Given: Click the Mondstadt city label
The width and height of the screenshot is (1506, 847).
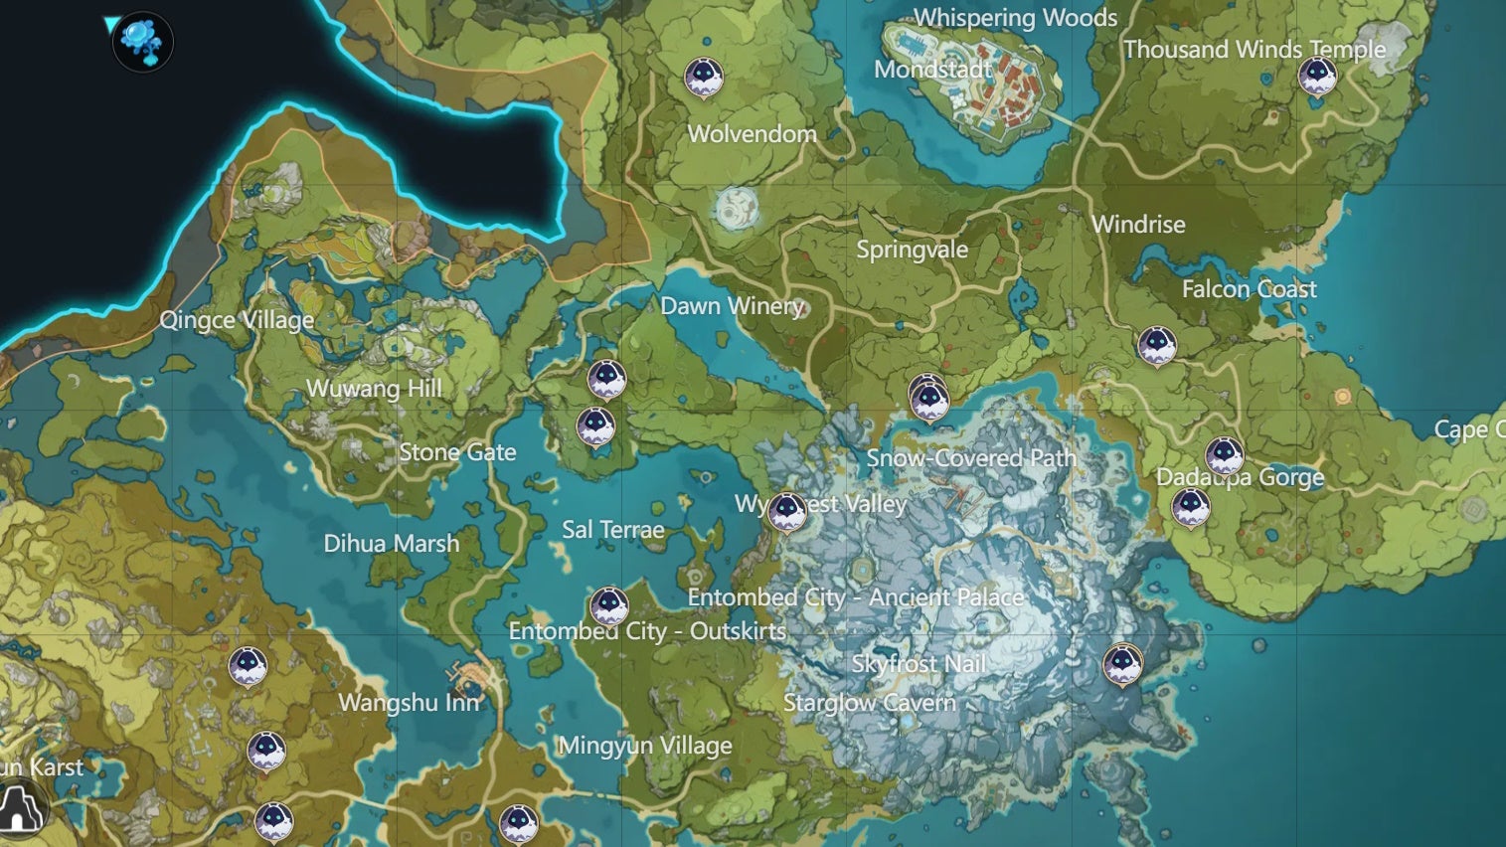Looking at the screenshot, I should pyautogui.click(x=931, y=70).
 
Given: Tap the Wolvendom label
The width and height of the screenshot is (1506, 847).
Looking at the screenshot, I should pyautogui.click(x=752, y=134).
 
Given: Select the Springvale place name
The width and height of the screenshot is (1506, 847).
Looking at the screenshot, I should pyautogui.click(x=912, y=250).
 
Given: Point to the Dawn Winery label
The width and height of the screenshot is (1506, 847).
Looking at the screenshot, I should pyautogui.click(x=732, y=306).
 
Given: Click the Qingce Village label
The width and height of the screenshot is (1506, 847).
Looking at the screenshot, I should pyautogui.click(x=237, y=320).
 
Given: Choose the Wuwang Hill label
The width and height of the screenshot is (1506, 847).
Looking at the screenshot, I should pyautogui.click(x=374, y=389).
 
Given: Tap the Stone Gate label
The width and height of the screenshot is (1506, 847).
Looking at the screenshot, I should pyautogui.click(x=457, y=452).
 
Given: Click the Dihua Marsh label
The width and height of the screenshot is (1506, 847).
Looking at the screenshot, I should pyautogui.click(x=391, y=544).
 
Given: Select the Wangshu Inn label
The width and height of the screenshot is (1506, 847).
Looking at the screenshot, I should pyautogui.click(x=409, y=703).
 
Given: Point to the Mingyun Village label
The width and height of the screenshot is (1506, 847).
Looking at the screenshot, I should pyautogui.click(x=645, y=746).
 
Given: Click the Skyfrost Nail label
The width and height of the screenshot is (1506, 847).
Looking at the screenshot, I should pyautogui.click(x=919, y=664).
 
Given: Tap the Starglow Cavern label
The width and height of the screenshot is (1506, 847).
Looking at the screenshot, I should pyautogui.click(x=869, y=703).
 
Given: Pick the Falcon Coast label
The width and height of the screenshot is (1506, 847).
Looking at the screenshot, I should pyautogui.click(x=1249, y=289).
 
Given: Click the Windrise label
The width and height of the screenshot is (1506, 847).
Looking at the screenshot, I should pyautogui.click(x=1138, y=225).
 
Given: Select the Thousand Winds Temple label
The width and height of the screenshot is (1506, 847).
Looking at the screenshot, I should pyautogui.click(x=1254, y=50).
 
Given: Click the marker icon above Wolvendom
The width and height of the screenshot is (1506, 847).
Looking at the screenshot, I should pyautogui.click(x=704, y=77).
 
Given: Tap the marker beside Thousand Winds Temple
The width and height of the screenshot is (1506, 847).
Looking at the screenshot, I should pyautogui.click(x=1317, y=75).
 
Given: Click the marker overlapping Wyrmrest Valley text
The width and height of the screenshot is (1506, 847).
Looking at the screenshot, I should pyautogui.click(x=787, y=511).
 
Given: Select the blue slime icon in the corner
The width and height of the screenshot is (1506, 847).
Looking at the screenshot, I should pyautogui.click(x=142, y=41).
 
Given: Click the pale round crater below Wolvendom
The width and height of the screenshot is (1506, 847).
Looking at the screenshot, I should pyautogui.click(x=737, y=209).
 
